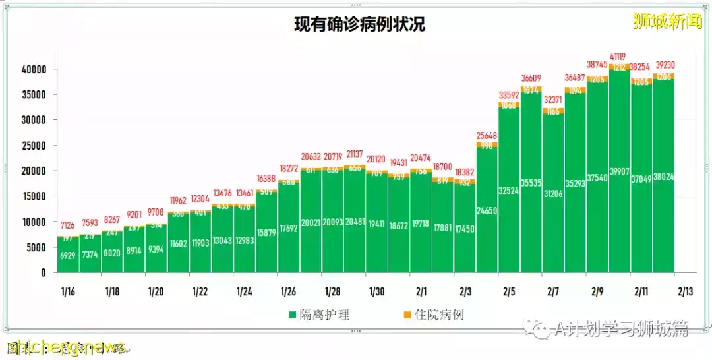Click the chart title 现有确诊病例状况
(359, 25)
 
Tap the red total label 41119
(620, 57)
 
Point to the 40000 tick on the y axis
(32, 69)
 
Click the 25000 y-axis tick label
(32, 146)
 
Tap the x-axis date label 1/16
(68, 291)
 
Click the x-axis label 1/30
(376, 291)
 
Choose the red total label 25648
(487, 136)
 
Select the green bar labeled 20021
(311, 224)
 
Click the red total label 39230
(664, 65)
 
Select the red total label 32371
(554, 100)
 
